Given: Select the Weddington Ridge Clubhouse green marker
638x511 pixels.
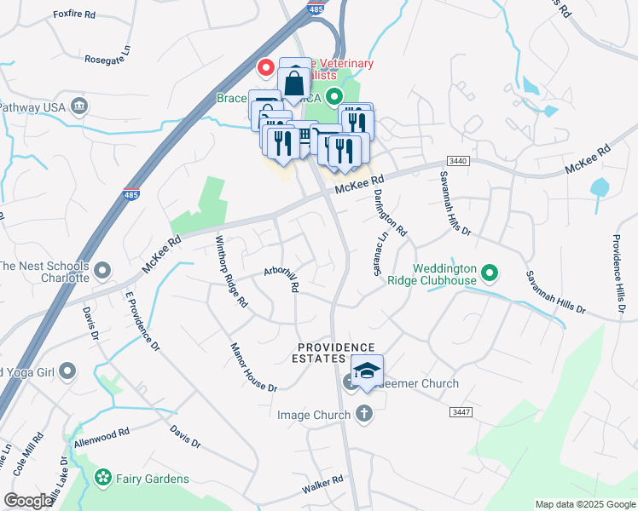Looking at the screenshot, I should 490,273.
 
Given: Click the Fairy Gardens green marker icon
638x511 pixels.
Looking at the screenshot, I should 104,478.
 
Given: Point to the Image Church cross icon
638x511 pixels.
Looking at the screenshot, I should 364,415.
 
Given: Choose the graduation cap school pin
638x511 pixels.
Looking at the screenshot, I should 367,371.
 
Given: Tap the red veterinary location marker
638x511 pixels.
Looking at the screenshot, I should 266,66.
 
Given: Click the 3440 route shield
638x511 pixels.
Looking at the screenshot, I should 458,161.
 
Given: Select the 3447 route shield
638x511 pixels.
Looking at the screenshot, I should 461,412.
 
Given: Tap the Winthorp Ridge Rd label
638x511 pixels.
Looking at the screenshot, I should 231,271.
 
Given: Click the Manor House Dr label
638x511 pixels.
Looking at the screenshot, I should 254,367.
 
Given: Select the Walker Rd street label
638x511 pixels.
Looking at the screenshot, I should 322,485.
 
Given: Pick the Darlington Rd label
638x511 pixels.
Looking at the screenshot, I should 389,210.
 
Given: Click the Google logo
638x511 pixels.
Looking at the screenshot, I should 28,501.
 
